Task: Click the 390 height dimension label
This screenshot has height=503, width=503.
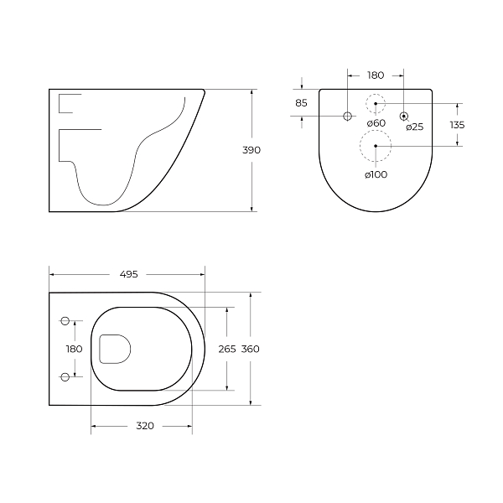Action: (251, 150)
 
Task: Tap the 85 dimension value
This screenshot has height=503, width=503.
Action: (301, 102)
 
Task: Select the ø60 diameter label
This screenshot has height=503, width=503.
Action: (376, 123)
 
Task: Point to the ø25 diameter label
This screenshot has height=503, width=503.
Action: (414, 127)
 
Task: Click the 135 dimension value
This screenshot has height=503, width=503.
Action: (456, 125)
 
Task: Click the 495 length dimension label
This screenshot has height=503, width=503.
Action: (128, 273)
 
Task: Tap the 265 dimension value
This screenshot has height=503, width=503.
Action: (226, 349)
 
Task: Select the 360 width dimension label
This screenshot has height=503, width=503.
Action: (249, 349)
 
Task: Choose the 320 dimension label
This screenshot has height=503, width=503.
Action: (144, 426)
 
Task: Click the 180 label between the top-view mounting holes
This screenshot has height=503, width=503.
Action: (75, 349)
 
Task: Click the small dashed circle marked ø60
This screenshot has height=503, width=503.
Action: (376, 104)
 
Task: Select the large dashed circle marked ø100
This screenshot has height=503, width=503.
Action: (376, 146)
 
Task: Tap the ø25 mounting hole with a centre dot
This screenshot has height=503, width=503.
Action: (404, 115)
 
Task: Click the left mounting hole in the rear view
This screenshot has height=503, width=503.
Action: (348, 115)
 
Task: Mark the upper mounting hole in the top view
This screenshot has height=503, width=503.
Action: (65, 320)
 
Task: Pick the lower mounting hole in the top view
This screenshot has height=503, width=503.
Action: (65, 377)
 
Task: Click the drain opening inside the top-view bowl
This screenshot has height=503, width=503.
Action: (115, 349)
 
